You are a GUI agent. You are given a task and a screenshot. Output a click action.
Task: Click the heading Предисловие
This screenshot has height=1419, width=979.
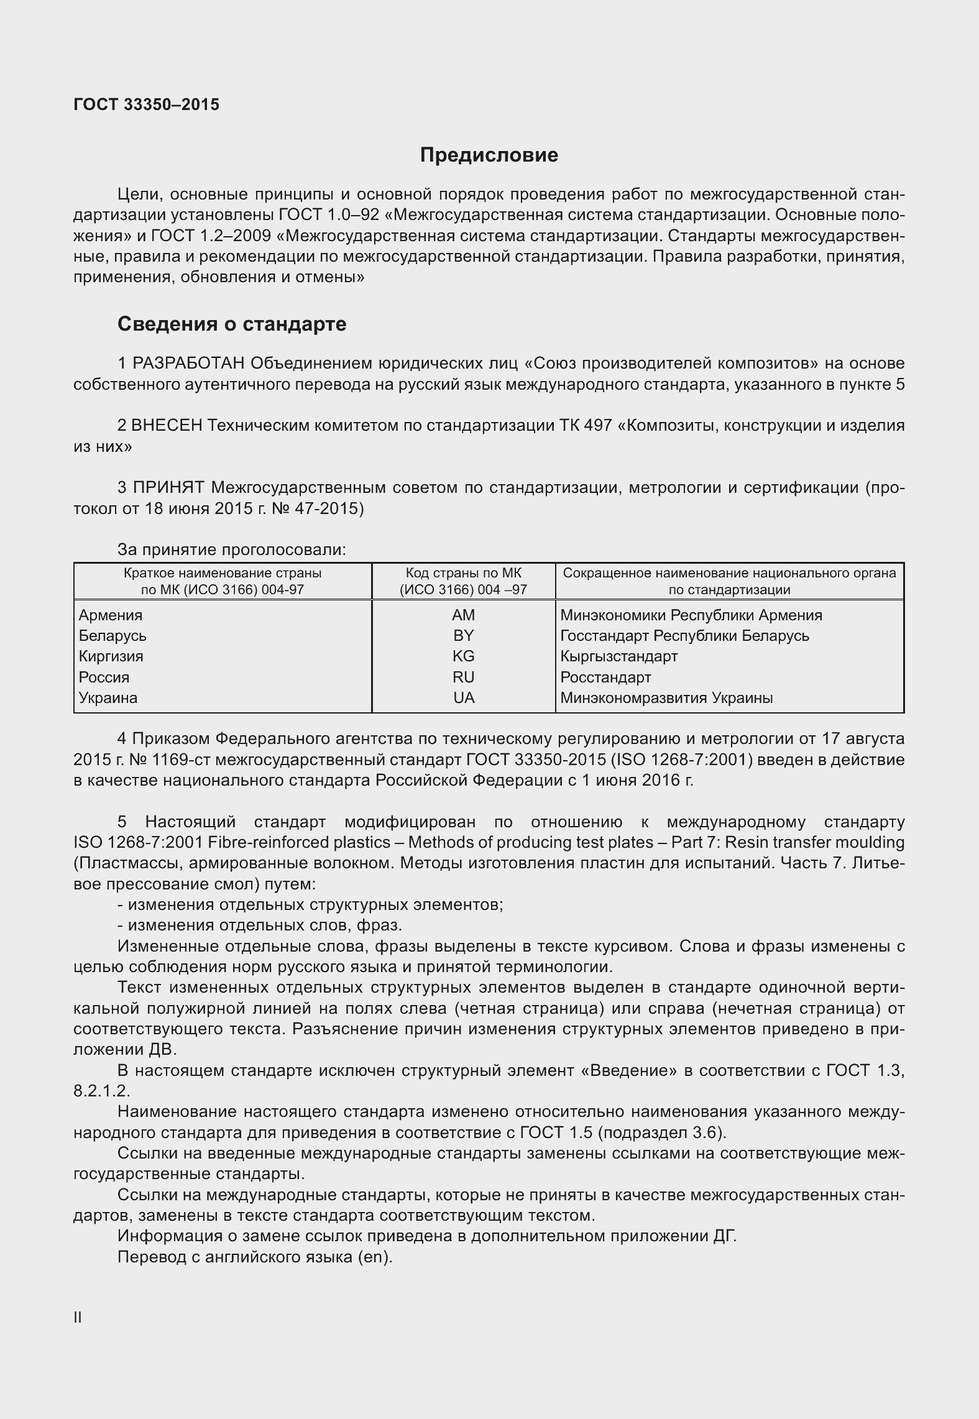pos(489,155)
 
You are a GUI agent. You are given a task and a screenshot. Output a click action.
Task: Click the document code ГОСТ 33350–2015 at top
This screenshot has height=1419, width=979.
pos(146,104)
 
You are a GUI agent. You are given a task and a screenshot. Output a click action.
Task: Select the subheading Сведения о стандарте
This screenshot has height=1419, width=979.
pos(232,324)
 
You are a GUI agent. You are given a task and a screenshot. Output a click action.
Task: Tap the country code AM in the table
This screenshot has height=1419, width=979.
pos(463,615)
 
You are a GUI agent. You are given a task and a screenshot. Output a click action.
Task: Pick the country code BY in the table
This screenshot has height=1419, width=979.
pos(463,635)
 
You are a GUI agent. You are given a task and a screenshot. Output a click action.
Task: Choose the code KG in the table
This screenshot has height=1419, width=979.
pos(463,656)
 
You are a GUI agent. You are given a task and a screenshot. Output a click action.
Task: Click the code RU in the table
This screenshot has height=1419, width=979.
pos(463,677)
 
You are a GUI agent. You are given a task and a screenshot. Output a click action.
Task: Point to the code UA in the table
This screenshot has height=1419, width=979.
pos(463,697)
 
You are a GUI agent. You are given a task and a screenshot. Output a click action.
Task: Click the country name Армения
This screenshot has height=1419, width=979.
pos(111,615)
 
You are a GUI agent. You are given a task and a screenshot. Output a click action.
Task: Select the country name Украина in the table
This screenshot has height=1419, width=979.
pos(108,697)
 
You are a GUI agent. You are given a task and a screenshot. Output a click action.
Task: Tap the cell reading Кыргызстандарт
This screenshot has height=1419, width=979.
pos(618,656)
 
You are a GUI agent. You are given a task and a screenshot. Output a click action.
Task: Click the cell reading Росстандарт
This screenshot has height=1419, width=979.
pos(605,677)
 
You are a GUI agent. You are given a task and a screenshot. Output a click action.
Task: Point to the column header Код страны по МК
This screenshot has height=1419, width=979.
pos(463,572)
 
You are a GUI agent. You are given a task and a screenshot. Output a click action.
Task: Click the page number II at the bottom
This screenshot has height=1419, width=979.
pos(78,1317)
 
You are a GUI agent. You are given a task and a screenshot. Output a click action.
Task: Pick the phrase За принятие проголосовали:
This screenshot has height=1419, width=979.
pos(231,549)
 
